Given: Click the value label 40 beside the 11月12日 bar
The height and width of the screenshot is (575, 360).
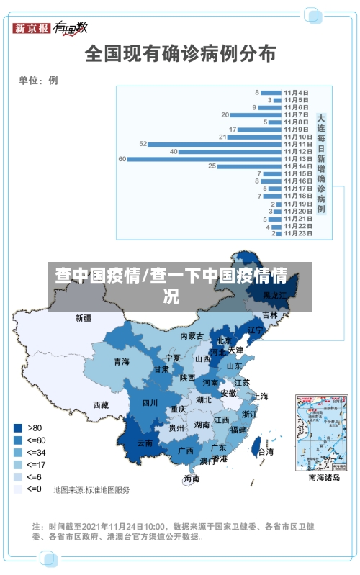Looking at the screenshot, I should [x=174, y=151].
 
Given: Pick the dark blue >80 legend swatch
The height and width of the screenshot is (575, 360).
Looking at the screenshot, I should [x=17, y=427].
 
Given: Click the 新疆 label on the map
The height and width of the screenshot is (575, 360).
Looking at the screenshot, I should [x=84, y=317].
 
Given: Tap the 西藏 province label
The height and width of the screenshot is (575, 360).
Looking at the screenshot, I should [x=101, y=405].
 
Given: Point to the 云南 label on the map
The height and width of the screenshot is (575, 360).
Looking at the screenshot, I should [x=145, y=443].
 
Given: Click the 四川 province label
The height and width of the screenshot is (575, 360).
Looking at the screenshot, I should [x=150, y=402].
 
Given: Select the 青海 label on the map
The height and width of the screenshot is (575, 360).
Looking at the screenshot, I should [x=121, y=362].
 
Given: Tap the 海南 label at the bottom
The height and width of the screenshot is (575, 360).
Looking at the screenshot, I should [x=192, y=478].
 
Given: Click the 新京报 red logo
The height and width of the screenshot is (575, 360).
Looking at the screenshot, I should [x=31, y=28].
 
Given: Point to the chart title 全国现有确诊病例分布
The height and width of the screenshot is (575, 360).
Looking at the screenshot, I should [x=180, y=53].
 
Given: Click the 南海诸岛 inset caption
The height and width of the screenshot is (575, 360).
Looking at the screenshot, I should [x=324, y=476].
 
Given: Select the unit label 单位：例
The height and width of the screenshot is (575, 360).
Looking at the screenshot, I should [x=38, y=81].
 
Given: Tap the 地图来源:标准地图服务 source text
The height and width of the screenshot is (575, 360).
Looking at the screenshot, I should [x=92, y=490].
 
